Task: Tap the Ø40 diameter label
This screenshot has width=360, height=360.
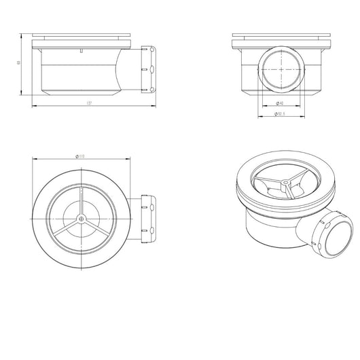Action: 280,102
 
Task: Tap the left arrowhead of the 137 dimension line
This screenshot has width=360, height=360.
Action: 35,106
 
